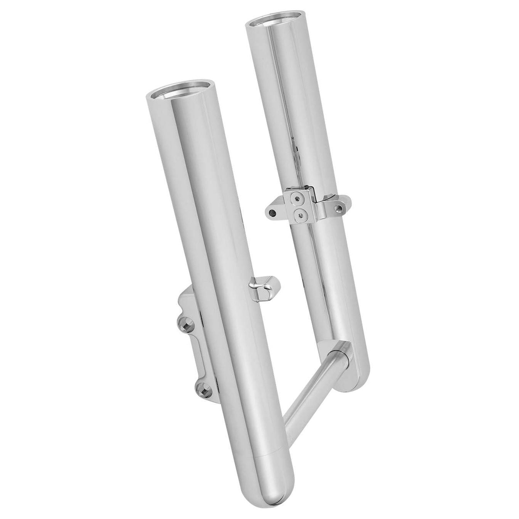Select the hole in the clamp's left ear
[x=273, y=213]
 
